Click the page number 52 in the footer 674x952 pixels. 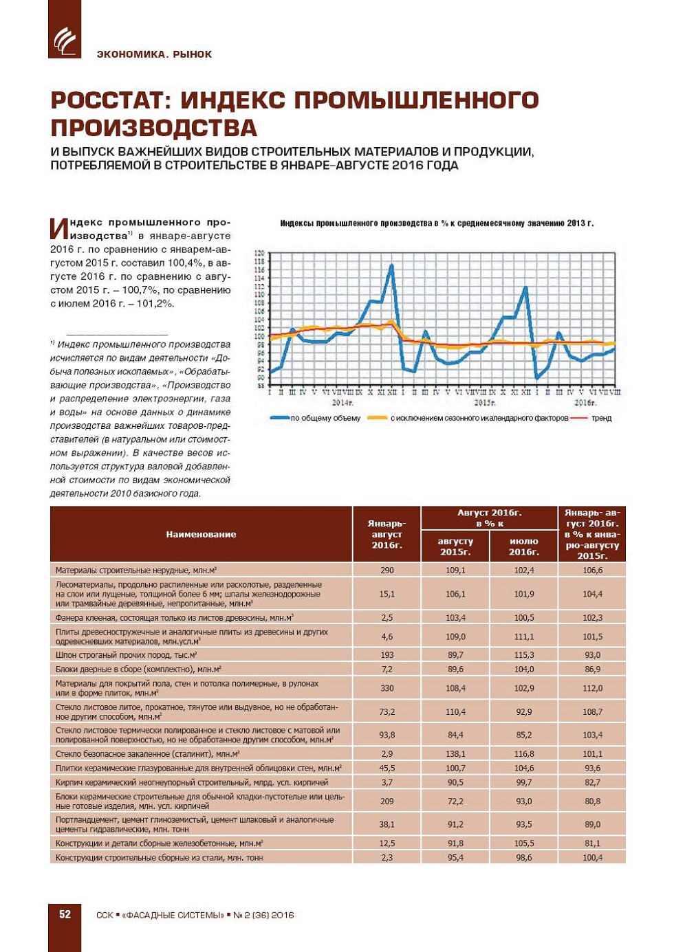tap(65, 914)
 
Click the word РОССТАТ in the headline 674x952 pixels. tap(111, 100)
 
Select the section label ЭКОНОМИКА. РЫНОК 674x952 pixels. tap(154, 54)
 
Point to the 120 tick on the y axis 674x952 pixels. tap(259, 253)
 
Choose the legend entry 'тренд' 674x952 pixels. tap(601, 418)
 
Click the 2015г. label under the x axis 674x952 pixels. tap(484, 402)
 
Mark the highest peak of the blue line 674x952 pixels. tap(392, 265)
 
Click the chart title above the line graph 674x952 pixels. tap(436, 223)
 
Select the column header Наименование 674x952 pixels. tap(201, 534)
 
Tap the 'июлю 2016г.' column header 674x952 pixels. tap(523, 546)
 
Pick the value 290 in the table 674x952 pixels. tap(387, 570)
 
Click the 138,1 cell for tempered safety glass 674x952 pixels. tap(455, 753)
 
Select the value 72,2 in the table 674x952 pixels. tap(455, 801)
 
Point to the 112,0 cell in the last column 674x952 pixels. tap(592, 688)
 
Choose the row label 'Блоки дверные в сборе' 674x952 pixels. tap(138, 669)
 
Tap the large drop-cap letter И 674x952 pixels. tap(59, 229)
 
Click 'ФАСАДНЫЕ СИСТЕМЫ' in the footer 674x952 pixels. tap(173, 915)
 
